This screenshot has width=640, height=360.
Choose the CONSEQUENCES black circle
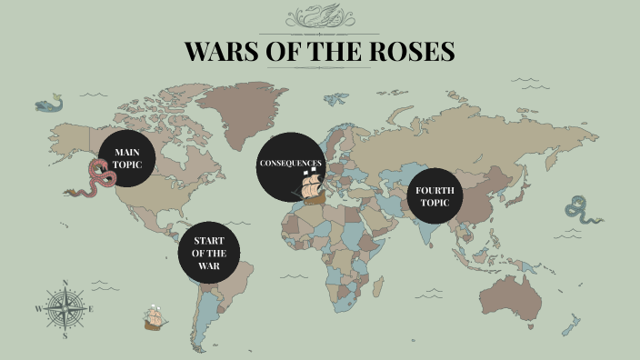(288, 165)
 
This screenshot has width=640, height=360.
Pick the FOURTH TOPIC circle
(434, 196)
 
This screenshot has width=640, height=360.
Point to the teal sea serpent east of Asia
(579, 210)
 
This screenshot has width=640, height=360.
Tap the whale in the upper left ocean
(48, 105)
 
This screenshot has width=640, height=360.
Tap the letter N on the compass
(65, 283)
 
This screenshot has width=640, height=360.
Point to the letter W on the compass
(38, 309)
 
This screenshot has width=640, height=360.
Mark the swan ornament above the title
(319, 15)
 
